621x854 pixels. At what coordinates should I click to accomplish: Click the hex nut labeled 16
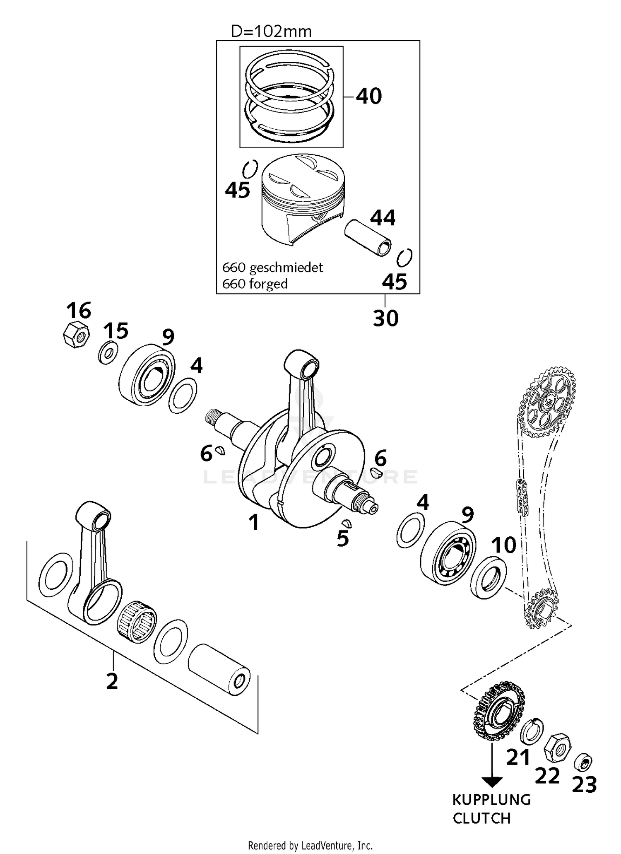(x=76, y=334)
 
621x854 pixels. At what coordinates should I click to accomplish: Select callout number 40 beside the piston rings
(x=368, y=96)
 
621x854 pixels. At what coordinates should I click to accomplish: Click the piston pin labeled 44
(x=368, y=238)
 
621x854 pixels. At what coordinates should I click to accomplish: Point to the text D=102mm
(x=271, y=31)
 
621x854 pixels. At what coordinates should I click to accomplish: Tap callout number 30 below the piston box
(x=385, y=318)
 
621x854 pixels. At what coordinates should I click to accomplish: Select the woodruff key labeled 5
(x=347, y=523)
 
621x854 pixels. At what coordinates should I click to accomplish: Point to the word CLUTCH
(x=481, y=818)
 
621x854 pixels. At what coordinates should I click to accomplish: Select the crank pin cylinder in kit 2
(x=219, y=669)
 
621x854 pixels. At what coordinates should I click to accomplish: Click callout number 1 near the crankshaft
(x=254, y=522)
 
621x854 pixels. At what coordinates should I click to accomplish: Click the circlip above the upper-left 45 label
(x=250, y=169)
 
